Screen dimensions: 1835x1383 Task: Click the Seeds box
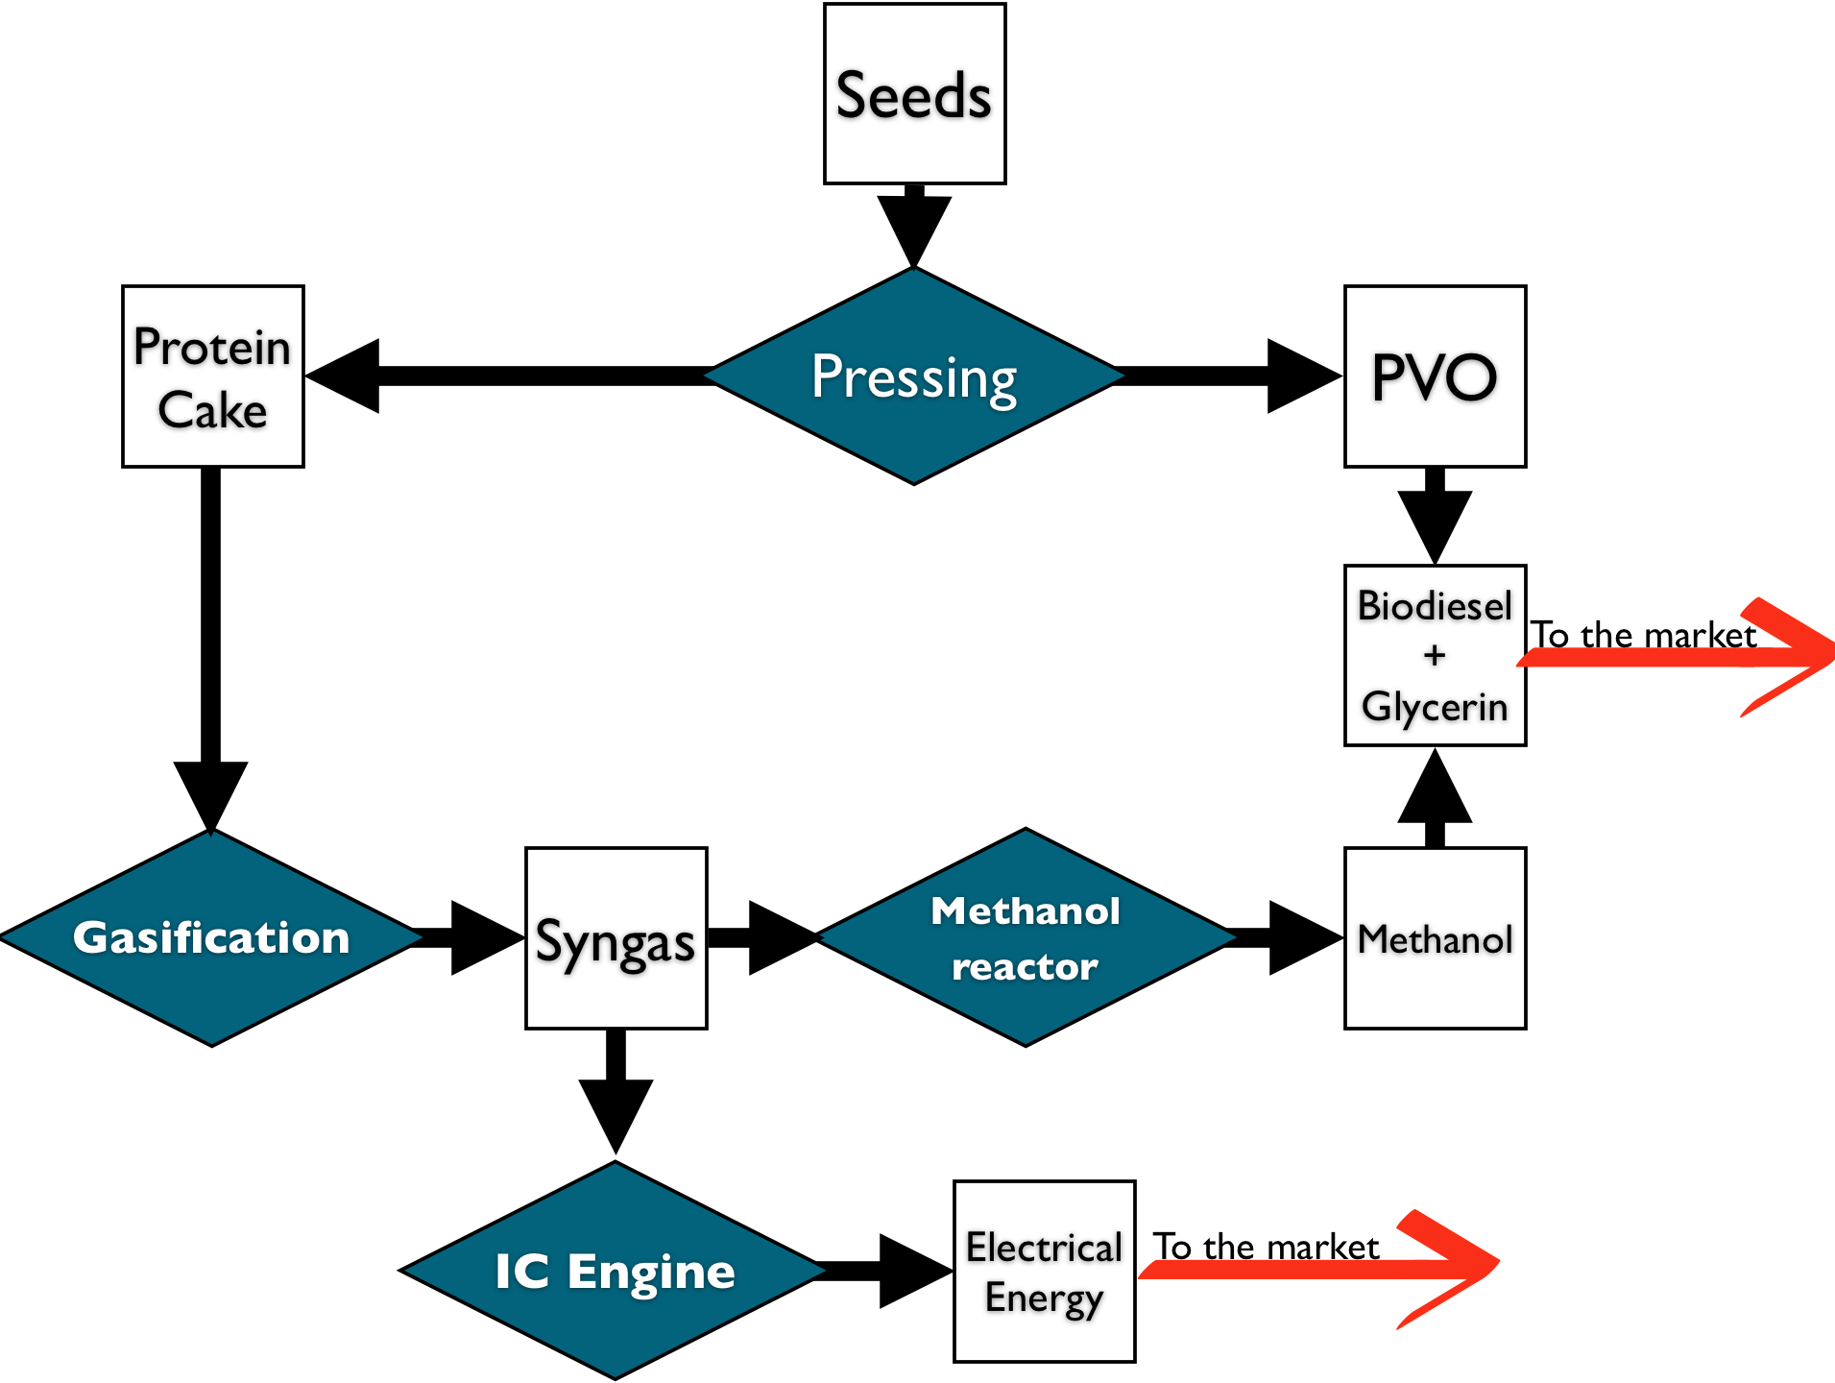point(914,93)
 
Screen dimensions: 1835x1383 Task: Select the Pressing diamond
point(914,376)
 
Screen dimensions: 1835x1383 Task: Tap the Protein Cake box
point(213,376)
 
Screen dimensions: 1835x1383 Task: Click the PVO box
point(1435,376)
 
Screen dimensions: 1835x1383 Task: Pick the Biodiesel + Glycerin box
point(1435,655)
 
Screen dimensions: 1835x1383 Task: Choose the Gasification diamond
point(211,937)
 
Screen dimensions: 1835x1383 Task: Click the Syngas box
point(616,938)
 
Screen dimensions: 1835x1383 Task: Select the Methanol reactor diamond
point(1026,937)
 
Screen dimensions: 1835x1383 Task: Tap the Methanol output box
point(1435,938)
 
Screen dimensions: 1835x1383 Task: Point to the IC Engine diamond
point(616,1271)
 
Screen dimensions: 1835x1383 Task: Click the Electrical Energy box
point(1045,1272)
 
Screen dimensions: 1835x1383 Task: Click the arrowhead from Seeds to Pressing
point(914,231)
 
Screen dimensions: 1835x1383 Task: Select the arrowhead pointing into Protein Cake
point(343,376)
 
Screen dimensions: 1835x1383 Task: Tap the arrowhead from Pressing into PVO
point(1305,376)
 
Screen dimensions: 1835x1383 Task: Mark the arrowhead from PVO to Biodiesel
point(1435,527)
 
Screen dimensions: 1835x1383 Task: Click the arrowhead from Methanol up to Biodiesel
point(1435,785)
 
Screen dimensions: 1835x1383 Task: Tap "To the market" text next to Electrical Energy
point(1266,1247)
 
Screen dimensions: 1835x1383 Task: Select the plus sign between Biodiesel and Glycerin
point(1435,655)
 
